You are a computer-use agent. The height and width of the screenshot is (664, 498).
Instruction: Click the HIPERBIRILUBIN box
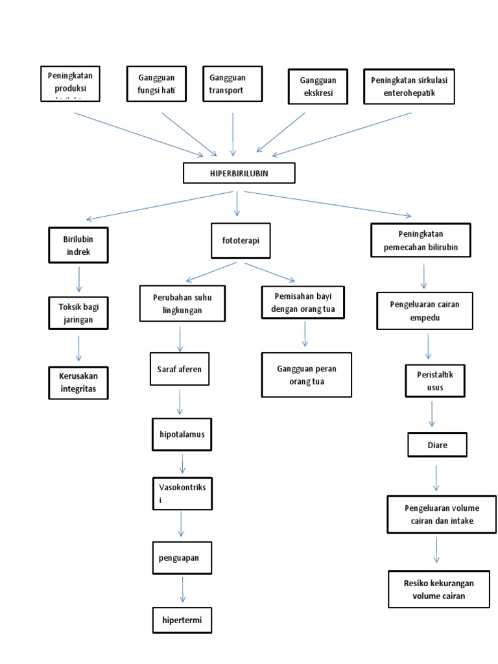(x=239, y=173)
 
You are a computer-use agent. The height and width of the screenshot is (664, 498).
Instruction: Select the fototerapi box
(x=241, y=241)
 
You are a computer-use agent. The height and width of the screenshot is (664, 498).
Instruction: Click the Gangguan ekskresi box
(x=318, y=86)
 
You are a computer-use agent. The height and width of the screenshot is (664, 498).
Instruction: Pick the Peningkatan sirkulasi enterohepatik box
(x=409, y=86)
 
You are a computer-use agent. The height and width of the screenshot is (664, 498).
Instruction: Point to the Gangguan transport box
(x=232, y=84)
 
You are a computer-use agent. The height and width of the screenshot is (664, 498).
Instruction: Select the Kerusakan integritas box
(x=78, y=382)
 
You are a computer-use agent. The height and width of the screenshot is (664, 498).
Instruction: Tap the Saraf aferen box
(x=180, y=370)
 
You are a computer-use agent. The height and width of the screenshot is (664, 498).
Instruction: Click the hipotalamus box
(x=182, y=434)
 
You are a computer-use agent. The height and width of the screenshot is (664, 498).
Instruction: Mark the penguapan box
(x=182, y=556)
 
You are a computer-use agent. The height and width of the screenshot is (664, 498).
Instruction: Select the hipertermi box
(x=182, y=620)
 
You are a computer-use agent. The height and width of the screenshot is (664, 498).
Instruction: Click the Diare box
(x=437, y=445)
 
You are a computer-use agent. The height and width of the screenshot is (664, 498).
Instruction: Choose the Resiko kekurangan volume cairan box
(x=438, y=589)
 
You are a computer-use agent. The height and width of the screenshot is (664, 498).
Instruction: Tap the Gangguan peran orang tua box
(x=307, y=375)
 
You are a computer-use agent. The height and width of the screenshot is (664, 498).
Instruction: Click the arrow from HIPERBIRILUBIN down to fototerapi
(x=237, y=204)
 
